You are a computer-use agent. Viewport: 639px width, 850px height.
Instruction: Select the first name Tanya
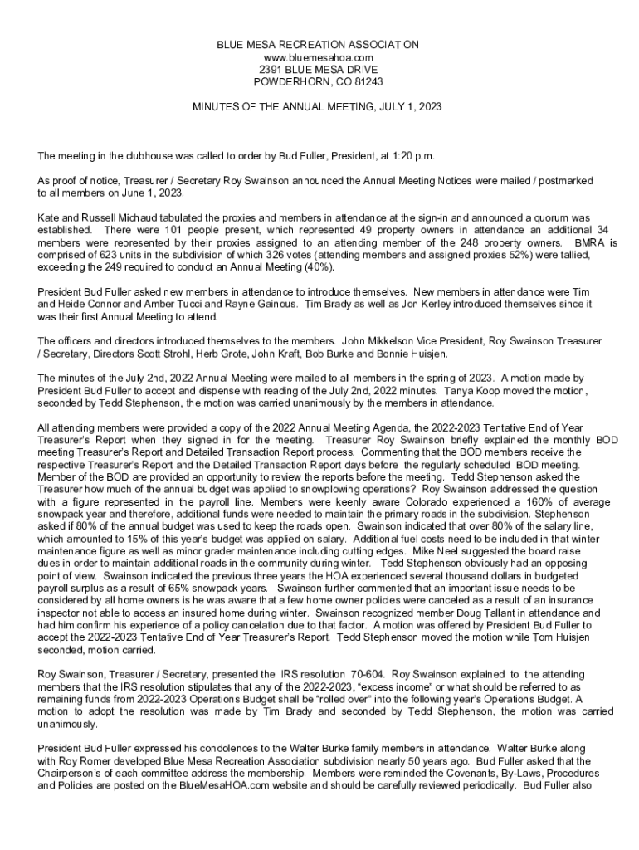pos(459,390)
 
